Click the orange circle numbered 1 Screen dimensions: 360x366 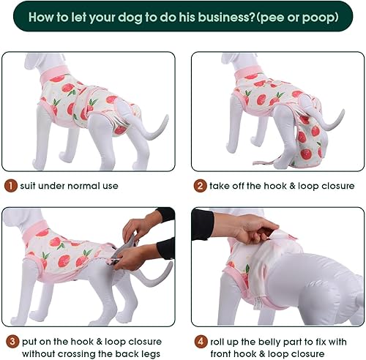coord(11,186)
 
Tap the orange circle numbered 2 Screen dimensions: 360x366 coord(200,186)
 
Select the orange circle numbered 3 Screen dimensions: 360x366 coord(11,340)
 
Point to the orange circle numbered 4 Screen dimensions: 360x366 coord(200,340)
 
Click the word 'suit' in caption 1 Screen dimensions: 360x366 coord(29,186)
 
